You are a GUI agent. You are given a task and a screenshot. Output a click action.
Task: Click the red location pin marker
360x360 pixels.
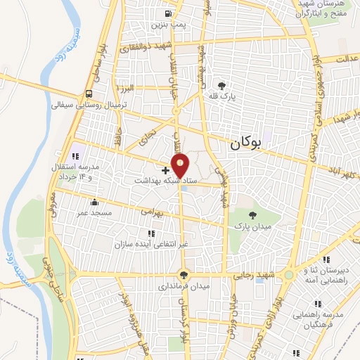[x=181, y=167]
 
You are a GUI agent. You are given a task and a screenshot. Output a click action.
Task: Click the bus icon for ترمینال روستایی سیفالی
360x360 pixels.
[x=89, y=94]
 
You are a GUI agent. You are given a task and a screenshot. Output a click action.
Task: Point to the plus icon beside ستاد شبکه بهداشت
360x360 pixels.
[x=165, y=170]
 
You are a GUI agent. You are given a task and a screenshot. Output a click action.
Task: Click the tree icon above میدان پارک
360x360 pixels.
[x=253, y=214]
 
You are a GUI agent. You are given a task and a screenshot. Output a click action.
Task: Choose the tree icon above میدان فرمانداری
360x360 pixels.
[x=184, y=275]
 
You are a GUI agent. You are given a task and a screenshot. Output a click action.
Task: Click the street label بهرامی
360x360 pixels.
[x=150, y=210]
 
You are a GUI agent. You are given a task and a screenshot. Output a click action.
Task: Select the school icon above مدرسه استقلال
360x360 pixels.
[x=75, y=157]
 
